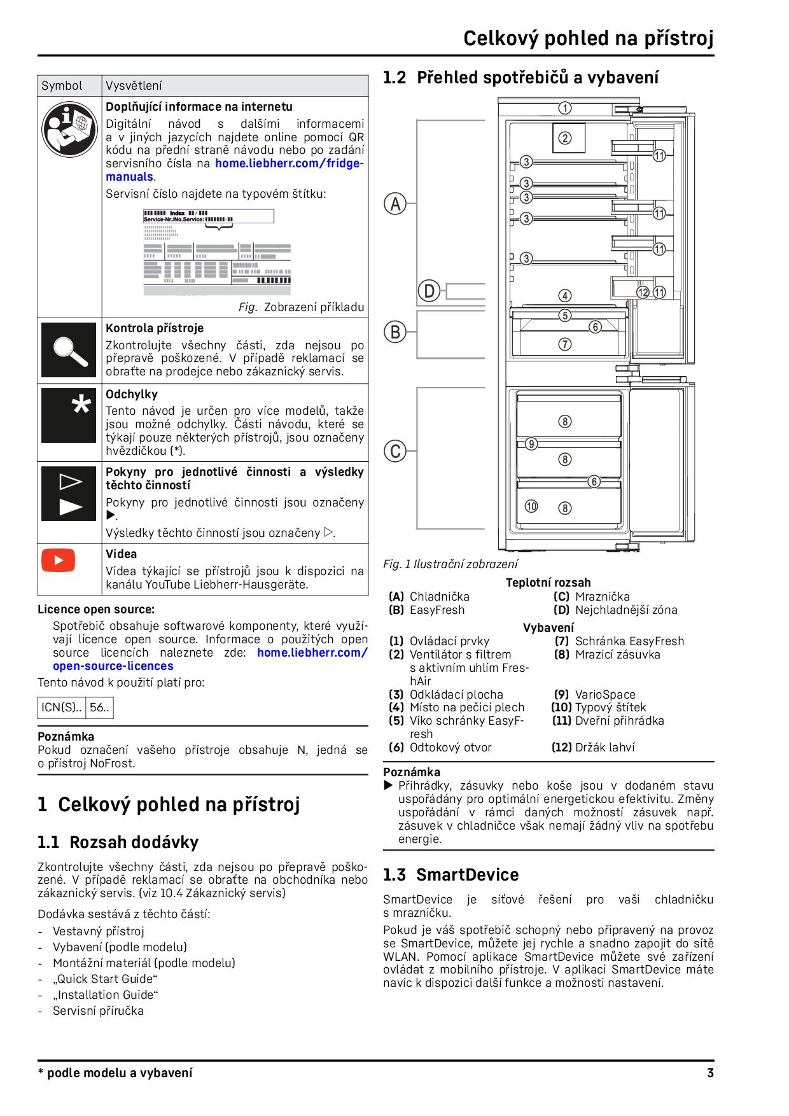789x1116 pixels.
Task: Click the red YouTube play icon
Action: [x=59, y=561]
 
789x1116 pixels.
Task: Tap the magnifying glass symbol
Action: [x=69, y=350]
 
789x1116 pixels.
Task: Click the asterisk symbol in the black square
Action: [x=81, y=405]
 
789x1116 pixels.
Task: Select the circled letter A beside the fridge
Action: [x=395, y=204]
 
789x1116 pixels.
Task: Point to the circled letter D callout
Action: [x=429, y=291]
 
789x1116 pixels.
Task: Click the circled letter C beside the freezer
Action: [x=395, y=451]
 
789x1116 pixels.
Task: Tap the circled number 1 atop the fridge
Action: [x=565, y=108]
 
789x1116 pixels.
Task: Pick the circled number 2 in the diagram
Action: [x=565, y=138]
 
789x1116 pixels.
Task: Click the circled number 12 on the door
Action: [x=643, y=293]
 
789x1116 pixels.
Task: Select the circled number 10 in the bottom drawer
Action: [x=531, y=506]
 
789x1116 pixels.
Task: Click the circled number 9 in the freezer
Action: [x=531, y=444]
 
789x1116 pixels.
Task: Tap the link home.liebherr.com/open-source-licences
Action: [x=113, y=666]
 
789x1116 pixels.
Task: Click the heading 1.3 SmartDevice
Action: [x=450, y=875]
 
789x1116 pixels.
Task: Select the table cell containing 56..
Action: [x=99, y=708]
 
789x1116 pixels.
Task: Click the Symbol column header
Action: [x=62, y=86]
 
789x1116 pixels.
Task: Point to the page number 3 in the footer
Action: [x=710, y=1073]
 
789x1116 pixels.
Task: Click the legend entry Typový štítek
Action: [x=610, y=708]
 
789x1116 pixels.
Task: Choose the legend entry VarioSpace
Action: [x=604, y=694]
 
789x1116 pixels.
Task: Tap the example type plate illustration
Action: [x=218, y=252]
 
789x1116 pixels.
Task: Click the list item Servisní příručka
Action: [x=98, y=1011]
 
